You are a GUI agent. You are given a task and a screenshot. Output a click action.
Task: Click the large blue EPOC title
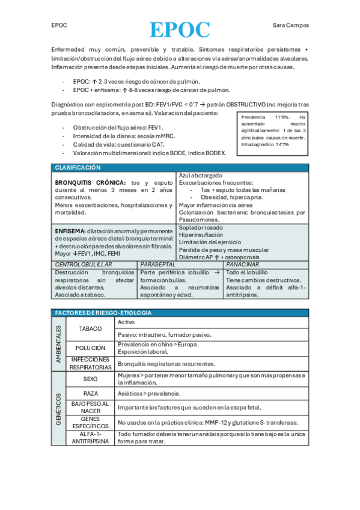coord(180,29)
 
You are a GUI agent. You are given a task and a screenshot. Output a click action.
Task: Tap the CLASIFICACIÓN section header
coord(78,168)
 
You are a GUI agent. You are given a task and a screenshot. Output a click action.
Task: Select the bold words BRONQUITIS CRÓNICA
coord(90,182)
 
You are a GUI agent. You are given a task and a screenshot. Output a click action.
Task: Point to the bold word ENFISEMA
coord(70,230)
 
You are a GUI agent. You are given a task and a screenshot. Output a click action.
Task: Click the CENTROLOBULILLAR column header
coord(84,265)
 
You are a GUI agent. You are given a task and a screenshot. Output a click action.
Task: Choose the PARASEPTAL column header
coord(157,265)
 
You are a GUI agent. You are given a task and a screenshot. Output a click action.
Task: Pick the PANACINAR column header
coord(243,265)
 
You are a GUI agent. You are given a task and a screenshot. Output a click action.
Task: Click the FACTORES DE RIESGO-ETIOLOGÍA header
coord(103,313)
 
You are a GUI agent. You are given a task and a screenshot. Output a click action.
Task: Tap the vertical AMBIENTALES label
coord(59,344)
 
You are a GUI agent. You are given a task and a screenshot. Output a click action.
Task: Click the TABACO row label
coord(91,329)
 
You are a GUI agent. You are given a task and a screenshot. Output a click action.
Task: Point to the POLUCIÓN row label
coord(91,348)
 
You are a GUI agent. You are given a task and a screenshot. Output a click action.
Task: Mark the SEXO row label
coord(91,379)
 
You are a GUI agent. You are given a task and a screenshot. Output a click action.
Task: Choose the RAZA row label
coord(91,393)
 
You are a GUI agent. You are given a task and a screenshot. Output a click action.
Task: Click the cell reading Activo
coord(126,322)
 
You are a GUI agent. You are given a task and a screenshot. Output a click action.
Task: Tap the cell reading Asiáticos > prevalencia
coord(149,393)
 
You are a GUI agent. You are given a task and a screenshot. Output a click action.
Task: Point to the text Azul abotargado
coord(201,175)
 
